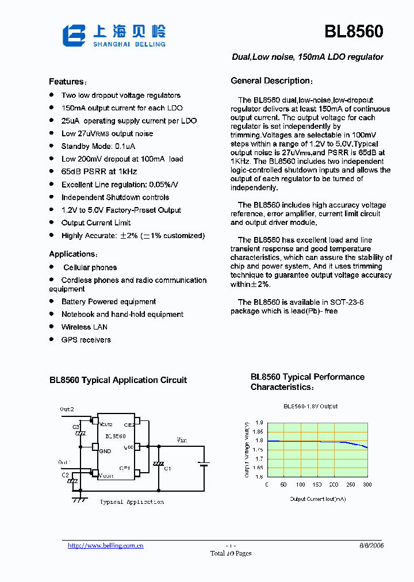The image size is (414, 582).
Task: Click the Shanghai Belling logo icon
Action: pyautogui.click(x=75, y=35)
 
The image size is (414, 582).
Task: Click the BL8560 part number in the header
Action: pyautogui.click(x=354, y=32)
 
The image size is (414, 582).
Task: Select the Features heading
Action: pyautogui.click(x=67, y=82)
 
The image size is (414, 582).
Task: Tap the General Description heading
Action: pyautogui.click(x=271, y=81)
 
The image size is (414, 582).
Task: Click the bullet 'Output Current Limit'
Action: pyautogui.click(x=96, y=223)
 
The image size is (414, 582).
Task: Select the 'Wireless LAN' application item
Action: pyautogui.click(x=84, y=327)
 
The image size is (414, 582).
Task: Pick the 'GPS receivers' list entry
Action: pyautogui.click(x=86, y=339)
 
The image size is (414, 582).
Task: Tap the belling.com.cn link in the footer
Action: pyautogui.click(x=105, y=546)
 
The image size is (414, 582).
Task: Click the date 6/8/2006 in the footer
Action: pyautogui.click(x=371, y=545)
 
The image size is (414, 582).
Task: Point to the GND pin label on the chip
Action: pyautogui.click(x=105, y=451)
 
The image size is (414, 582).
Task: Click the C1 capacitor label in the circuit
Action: pyautogui.click(x=167, y=469)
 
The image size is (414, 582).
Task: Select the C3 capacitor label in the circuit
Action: pyautogui.click(x=75, y=427)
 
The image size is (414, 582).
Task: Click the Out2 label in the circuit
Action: pyautogui.click(x=67, y=409)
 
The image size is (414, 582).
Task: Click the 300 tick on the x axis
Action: pyautogui.click(x=367, y=484)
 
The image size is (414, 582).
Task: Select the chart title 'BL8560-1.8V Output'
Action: pyautogui.click(x=310, y=406)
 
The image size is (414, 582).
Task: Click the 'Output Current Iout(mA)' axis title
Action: pyautogui.click(x=317, y=499)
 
